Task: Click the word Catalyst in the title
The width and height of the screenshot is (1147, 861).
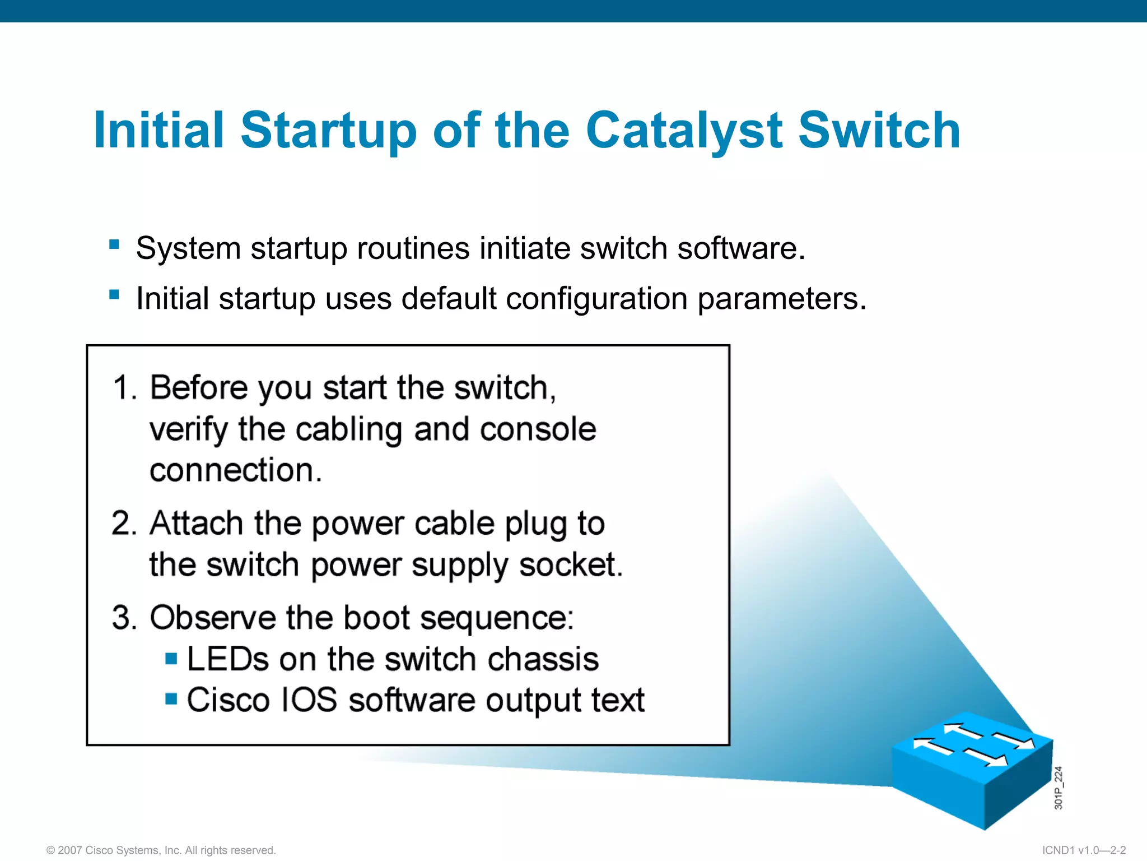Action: point(683,130)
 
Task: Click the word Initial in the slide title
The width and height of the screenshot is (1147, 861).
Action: point(158,130)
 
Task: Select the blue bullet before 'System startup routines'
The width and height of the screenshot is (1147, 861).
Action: point(114,244)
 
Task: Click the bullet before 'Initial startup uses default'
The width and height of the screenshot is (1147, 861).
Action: point(114,294)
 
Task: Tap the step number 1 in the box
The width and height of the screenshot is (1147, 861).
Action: point(124,388)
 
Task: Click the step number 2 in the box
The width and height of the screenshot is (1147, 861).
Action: point(124,524)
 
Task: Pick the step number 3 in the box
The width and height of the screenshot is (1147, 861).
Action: point(124,618)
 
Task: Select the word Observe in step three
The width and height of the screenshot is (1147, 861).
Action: point(212,618)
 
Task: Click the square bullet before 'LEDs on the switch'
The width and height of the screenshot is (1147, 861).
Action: point(171,658)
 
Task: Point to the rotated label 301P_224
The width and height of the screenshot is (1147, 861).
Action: point(1058,788)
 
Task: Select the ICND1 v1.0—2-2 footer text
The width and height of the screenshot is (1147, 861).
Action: point(1084,850)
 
